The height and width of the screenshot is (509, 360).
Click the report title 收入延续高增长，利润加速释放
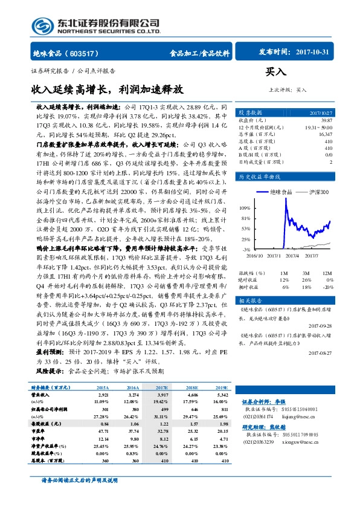pos(107,89)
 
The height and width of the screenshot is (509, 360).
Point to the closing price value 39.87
pos(326,121)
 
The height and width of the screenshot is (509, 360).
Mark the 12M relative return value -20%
pos(327,287)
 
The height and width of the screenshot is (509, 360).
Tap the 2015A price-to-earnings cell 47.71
pos(102,432)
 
